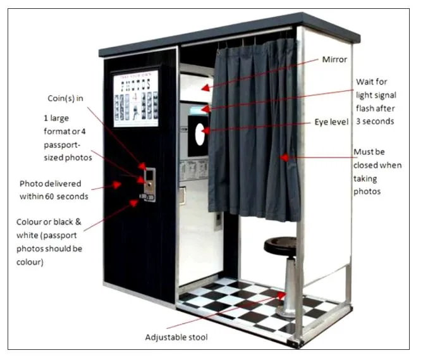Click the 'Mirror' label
(x=334, y=59)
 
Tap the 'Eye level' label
(x=331, y=122)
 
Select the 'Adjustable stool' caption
(x=176, y=337)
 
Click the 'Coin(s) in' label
(x=65, y=98)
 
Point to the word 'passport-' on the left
(x=62, y=145)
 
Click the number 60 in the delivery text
(x=49, y=197)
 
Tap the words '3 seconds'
(x=375, y=121)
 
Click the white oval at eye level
(x=200, y=134)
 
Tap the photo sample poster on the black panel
(x=136, y=99)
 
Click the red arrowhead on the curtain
(x=284, y=158)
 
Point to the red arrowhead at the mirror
(x=205, y=88)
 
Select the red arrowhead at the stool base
(x=281, y=295)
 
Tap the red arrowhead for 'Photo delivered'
(x=116, y=185)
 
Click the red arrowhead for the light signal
(x=205, y=109)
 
